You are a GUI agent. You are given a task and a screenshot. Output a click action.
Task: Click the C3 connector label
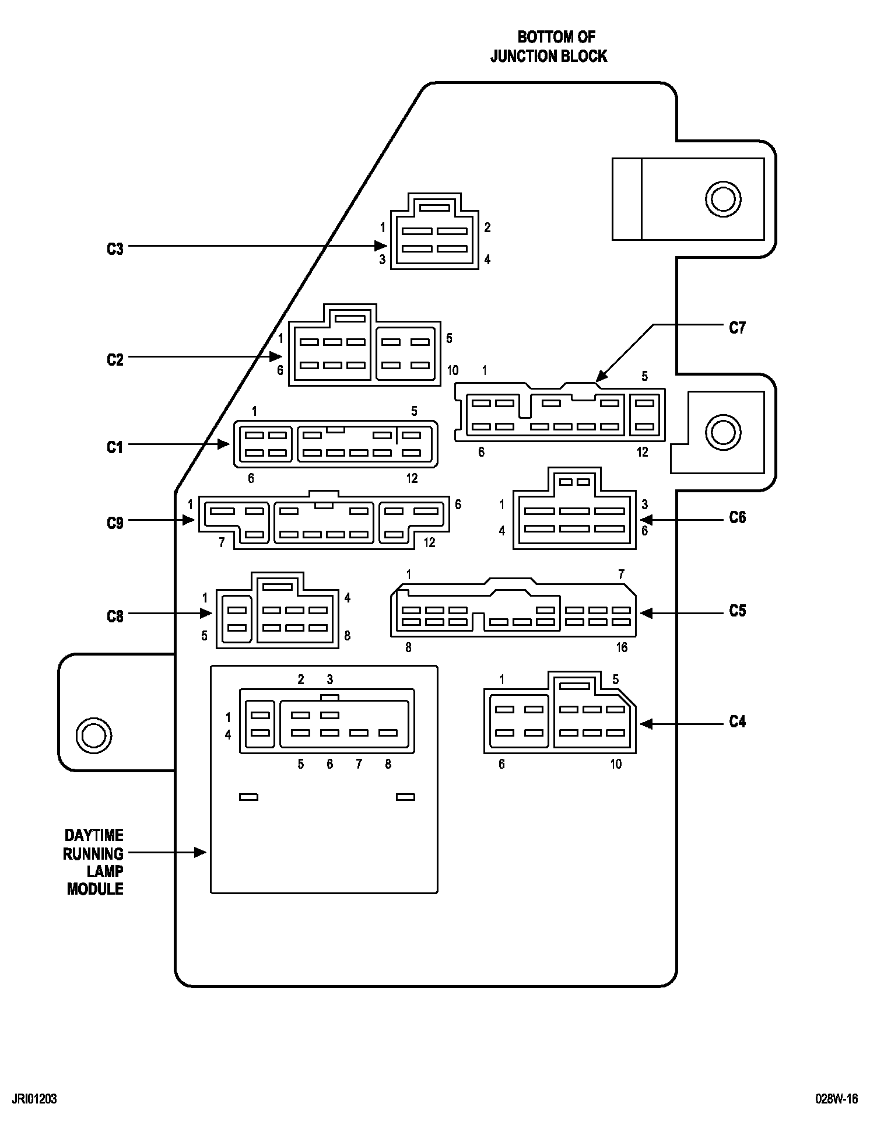tap(115, 249)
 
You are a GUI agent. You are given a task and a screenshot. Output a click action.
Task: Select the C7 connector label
tap(738, 328)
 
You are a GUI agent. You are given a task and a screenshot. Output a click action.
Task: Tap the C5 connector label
tap(738, 611)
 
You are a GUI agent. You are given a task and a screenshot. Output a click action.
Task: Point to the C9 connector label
tap(115, 523)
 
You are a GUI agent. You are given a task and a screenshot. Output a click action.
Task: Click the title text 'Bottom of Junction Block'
tap(549, 47)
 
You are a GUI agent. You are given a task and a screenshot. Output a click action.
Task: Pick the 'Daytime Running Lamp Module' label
tap(94, 862)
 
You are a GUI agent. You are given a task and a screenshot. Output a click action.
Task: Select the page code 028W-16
tap(837, 1099)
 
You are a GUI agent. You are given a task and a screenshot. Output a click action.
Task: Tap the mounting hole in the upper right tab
tap(723, 199)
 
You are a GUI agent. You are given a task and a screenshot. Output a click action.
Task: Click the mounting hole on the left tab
tap(93, 735)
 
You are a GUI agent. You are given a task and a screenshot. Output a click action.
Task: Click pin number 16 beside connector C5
tap(622, 647)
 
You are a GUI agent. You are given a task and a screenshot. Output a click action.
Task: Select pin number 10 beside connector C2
tap(452, 370)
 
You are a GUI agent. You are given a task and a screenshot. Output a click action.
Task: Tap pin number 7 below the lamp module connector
tap(359, 764)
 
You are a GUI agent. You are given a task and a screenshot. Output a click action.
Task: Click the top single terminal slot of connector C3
tap(434, 208)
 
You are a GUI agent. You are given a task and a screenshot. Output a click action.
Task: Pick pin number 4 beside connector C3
tap(487, 260)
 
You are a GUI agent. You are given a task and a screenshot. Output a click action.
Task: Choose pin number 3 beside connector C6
tap(644, 505)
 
